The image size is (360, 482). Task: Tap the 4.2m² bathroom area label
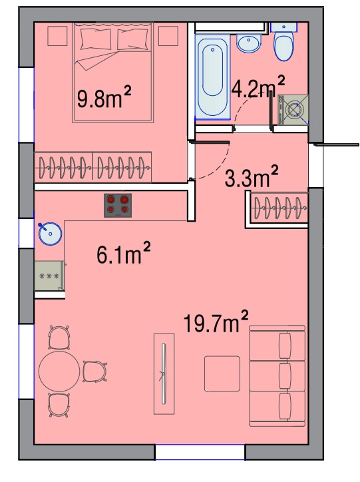(258, 87)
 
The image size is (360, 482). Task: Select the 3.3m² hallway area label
(252, 176)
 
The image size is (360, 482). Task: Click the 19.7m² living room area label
(216, 322)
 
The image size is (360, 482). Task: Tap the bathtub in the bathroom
(212, 77)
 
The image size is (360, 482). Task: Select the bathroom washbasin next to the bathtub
(249, 44)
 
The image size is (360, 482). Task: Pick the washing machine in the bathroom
(293, 109)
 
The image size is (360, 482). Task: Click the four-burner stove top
(118, 205)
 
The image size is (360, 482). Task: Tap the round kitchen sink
(50, 234)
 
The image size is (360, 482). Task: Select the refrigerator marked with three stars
(49, 276)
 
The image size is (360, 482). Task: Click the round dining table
(59, 371)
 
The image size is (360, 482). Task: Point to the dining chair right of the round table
(94, 371)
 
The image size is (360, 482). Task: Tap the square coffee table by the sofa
(222, 373)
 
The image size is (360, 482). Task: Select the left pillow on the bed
(96, 39)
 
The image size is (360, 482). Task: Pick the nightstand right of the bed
(168, 36)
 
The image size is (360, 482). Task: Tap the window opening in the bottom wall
(200, 452)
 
